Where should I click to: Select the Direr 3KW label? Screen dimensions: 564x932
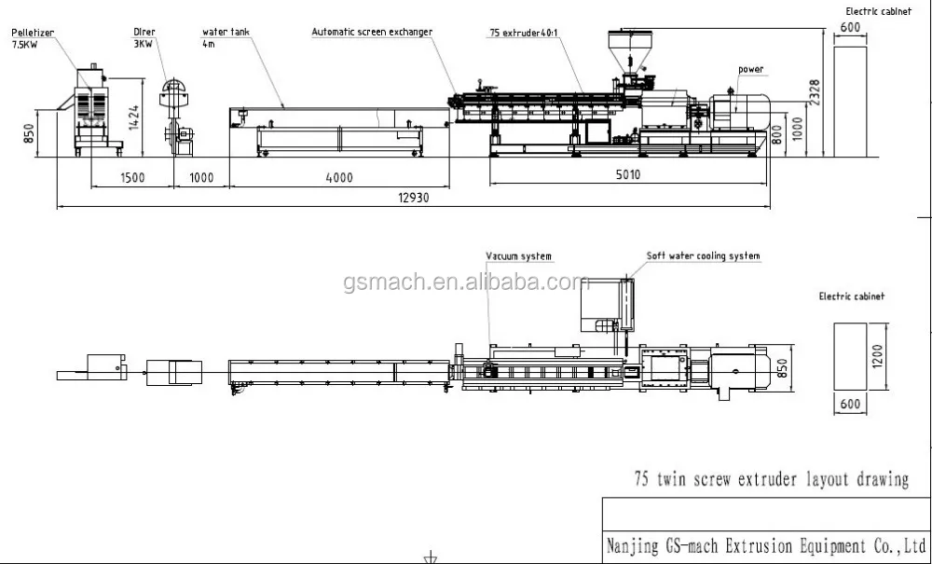point(144,36)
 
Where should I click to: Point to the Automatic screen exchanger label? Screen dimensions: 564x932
point(372,32)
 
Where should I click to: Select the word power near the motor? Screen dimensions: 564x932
point(751,69)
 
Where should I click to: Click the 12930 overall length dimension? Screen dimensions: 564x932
point(410,197)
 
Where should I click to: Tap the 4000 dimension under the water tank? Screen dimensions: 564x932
point(338,177)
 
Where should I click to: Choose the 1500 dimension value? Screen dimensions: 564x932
point(130,177)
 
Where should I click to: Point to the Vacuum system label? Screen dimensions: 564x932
point(518,256)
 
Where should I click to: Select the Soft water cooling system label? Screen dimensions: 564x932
point(704,256)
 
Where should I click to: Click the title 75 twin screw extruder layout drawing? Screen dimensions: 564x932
point(771,480)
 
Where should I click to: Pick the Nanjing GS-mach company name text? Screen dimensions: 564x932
point(764,544)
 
